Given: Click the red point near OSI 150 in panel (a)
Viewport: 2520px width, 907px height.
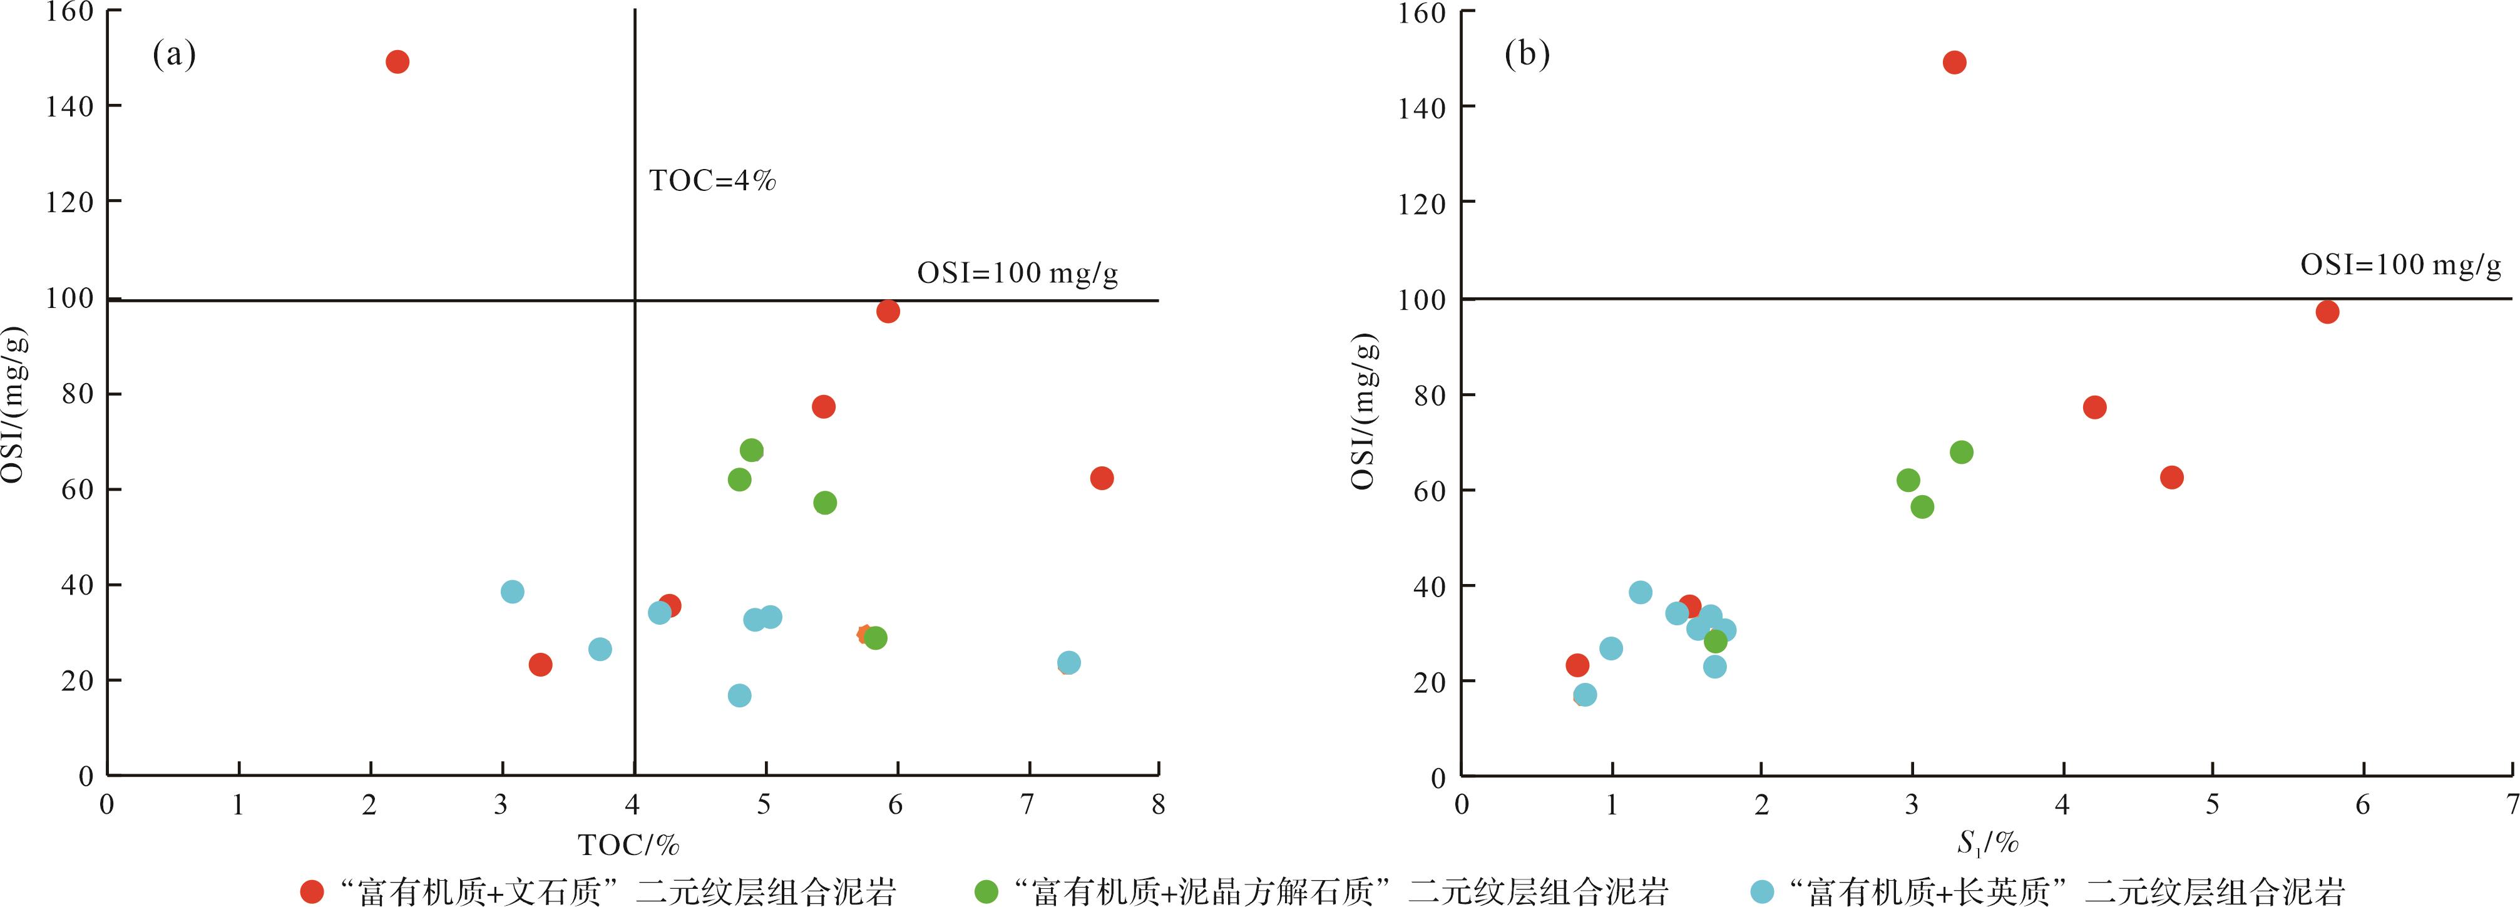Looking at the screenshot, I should (x=397, y=61).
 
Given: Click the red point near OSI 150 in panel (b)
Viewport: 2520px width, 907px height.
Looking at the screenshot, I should (x=1954, y=63).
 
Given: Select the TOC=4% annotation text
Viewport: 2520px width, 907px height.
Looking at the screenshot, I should (x=712, y=181).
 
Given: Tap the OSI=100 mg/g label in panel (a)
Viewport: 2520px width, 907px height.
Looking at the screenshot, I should (x=1017, y=273).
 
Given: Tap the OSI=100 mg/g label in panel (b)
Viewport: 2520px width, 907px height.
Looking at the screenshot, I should (x=2400, y=265).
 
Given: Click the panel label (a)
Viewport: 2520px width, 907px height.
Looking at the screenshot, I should (x=174, y=55).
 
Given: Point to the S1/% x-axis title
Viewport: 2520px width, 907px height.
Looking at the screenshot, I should (x=1987, y=843).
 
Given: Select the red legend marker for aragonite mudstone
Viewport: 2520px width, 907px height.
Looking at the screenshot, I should (x=312, y=891).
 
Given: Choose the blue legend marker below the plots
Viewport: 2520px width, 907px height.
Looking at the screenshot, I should (x=1762, y=891).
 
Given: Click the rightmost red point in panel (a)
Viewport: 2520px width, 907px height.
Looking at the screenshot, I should (x=1102, y=478).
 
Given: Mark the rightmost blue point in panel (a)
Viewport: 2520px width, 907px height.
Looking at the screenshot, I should (x=1069, y=662).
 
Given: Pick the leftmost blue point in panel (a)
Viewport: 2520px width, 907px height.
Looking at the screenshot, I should (x=511, y=592).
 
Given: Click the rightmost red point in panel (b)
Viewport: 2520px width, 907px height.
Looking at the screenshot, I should (x=2327, y=312).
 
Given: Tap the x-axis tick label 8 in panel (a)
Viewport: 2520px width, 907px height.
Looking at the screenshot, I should (x=1158, y=805).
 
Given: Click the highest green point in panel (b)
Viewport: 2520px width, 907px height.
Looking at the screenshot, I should (x=1962, y=452).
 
